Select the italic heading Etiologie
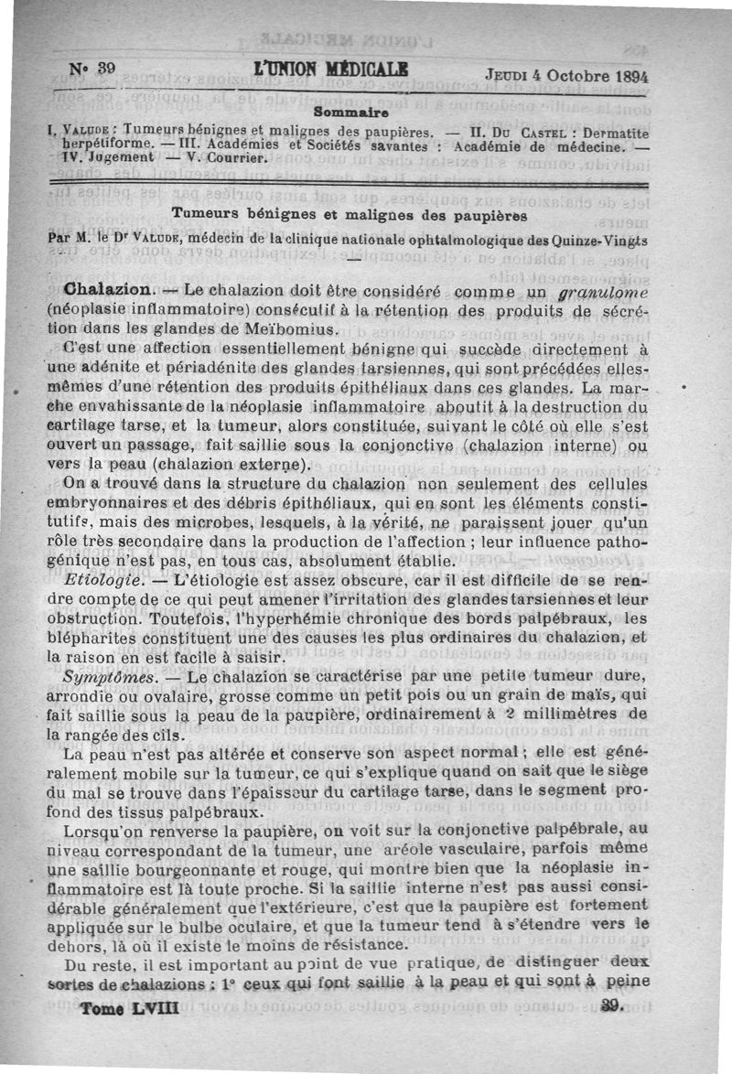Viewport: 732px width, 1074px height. pyautogui.click(x=102, y=580)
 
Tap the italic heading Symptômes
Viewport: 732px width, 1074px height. pyautogui.click(x=107, y=676)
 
